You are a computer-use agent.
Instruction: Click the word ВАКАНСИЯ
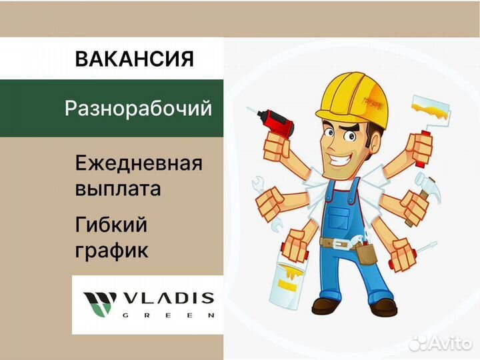pos(134,59)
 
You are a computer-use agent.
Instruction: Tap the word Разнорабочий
pos(138,108)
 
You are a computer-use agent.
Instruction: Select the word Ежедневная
pos(139,163)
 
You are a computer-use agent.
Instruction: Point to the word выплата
pos(118,188)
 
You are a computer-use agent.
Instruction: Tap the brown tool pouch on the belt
pos(365,254)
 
